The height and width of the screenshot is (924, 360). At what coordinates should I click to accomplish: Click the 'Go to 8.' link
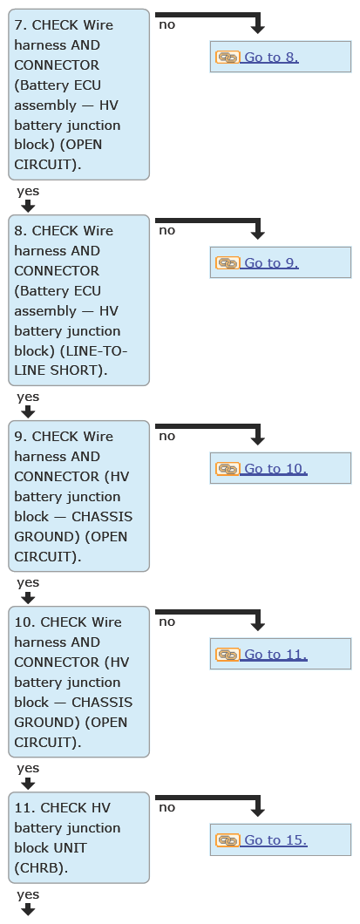[x=272, y=58]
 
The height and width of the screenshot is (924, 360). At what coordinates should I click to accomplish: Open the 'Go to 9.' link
[x=272, y=263]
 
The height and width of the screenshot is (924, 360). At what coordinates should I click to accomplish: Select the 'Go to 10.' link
[x=275, y=468]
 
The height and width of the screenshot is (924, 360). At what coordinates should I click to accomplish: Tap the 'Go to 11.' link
[x=275, y=654]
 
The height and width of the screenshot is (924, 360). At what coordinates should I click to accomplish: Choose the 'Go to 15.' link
[x=275, y=839]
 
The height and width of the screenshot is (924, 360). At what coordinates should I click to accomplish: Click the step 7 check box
[x=79, y=94]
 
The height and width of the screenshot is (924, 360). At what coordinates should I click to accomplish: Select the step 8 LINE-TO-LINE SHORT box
[x=79, y=300]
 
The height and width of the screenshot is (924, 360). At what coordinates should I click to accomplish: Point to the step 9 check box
[x=79, y=496]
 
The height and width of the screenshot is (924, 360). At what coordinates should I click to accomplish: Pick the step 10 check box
[x=79, y=681]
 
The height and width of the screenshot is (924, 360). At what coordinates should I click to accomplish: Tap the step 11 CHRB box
[x=79, y=838]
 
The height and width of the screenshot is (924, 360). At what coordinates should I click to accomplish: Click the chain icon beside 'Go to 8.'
[x=228, y=58]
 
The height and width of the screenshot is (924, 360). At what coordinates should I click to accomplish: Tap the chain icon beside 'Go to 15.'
[x=228, y=839]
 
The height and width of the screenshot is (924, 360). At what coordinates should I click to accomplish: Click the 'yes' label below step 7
[x=28, y=191]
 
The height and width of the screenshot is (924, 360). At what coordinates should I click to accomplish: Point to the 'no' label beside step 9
[x=166, y=436]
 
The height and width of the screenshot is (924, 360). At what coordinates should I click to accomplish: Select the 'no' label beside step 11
[x=166, y=807]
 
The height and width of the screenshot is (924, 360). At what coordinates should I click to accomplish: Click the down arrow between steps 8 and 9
[x=28, y=411]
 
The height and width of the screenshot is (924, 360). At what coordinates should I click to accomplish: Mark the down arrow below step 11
[x=28, y=909]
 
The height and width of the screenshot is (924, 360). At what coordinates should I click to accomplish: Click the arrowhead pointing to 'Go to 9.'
[x=257, y=234]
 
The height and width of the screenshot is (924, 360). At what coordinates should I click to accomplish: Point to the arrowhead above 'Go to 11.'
[x=257, y=626]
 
